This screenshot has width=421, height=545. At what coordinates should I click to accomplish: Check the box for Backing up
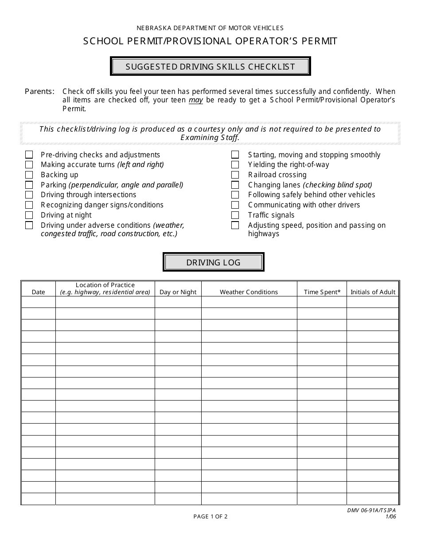click(x=29, y=175)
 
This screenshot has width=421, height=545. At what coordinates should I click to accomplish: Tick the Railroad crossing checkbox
click(x=235, y=175)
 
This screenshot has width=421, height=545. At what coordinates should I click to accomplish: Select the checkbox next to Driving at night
click(x=29, y=215)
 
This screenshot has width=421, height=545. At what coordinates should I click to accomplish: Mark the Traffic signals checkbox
click(x=235, y=215)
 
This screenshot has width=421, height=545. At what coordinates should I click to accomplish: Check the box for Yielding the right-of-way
click(x=235, y=165)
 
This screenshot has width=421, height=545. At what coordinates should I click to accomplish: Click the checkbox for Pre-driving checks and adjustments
click(x=29, y=155)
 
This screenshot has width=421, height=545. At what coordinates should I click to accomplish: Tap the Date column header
click(x=39, y=292)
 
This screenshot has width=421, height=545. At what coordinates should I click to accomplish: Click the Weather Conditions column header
click(x=249, y=292)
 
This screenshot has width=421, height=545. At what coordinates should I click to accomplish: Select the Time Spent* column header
click(x=322, y=292)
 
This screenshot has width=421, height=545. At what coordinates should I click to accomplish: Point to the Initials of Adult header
click(x=373, y=292)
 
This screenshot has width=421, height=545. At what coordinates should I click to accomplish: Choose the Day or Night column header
click(x=178, y=292)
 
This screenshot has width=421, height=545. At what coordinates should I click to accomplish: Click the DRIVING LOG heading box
click(x=213, y=262)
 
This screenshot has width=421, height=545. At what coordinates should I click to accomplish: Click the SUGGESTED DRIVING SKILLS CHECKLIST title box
click(x=210, y=67)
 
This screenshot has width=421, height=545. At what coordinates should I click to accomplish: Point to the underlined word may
click(x=196, y=100)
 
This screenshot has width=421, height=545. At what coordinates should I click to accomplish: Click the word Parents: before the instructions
click(x=40, y=91)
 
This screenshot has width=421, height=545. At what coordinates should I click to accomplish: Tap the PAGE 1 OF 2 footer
click(x=210, y=516)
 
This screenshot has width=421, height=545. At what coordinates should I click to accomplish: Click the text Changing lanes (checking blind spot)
click(x=310, y=185)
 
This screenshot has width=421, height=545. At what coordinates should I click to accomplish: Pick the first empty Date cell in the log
click(x=39, y=302)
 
